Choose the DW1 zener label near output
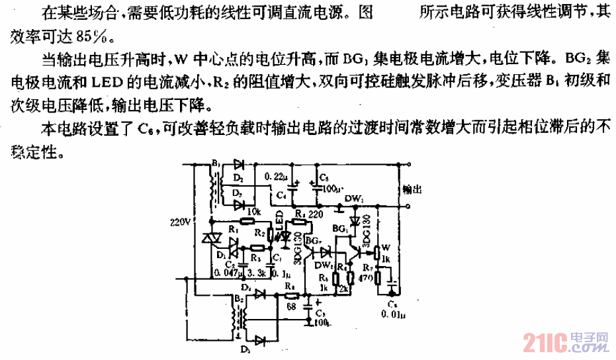(x=354, y=197)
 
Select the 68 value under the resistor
(x=290, y=306)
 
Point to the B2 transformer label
(x=238, y=299)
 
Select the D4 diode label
(x=245, y=288)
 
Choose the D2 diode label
(x=238, y=178)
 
